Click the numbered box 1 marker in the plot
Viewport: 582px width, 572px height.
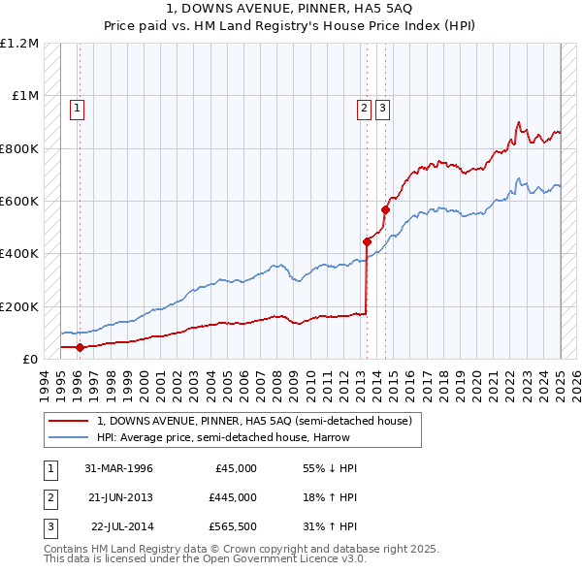76,109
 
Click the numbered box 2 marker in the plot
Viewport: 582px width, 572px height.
364,109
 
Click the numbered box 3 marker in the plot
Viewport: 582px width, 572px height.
382,109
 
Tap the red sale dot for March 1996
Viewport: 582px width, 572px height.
80,347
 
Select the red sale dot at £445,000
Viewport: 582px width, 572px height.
367,241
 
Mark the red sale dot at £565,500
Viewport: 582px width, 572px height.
385,209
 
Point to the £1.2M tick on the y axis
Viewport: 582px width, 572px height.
19,44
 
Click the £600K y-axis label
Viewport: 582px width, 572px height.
19,202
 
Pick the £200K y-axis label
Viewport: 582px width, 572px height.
19,306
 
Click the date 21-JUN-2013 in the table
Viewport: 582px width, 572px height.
119,497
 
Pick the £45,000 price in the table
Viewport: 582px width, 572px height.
234,468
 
